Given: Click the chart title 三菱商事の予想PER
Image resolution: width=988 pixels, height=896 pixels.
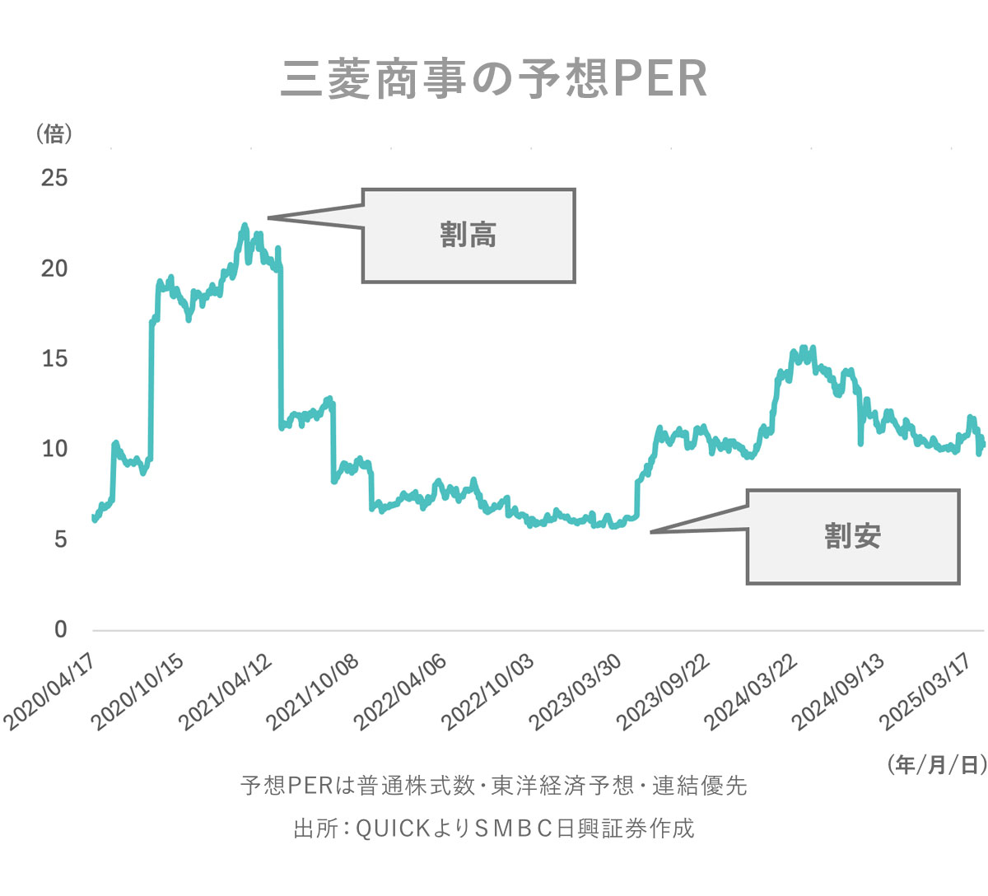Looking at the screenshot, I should (x=494, y=80).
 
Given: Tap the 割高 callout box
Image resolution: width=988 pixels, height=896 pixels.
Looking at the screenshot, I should (x=468, y=236).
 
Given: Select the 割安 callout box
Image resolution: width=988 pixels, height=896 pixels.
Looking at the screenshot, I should (x=853, y=537).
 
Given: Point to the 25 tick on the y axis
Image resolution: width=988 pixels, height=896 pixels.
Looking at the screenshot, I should (x=55, y=178).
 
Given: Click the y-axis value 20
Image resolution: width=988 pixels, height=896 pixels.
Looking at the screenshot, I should (x=55, y=268).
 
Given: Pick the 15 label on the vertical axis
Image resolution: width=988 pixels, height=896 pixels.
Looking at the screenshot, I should (x=55, y=359).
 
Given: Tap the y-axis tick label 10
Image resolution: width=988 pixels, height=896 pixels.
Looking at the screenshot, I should (x=55, y=449).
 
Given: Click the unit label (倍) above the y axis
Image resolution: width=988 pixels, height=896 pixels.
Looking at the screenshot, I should (x=54, y=133).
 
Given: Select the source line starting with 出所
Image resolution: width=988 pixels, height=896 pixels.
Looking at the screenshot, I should (x=494, y=828).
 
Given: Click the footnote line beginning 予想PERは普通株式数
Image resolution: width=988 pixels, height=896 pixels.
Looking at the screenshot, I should (x=494, y=786).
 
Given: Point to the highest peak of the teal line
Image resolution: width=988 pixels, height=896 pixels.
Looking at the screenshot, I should (x=245, y=225).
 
